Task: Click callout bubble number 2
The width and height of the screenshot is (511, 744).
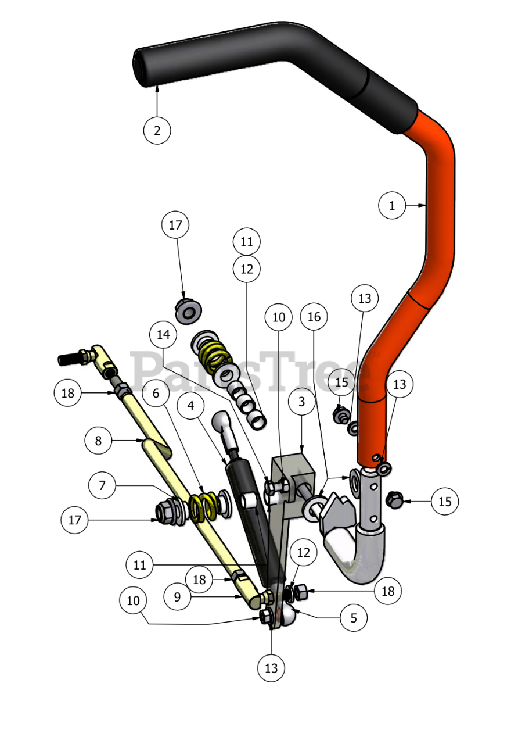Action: pyautogui.click(x=157, y=130)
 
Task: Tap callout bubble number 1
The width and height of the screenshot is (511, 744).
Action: pyautogui.click(x=392, y=205)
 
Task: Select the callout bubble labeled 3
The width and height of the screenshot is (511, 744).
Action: pyautogui.click(x=301, y=402)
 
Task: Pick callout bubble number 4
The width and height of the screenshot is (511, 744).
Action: pyautogui.click(x=191, y=406)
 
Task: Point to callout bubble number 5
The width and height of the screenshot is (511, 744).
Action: pyautogui.click(x=354, y=618)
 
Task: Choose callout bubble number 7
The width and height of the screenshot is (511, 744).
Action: pyautogui.click(x=103, y=485)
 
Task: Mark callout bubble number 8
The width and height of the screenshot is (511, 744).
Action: pyautogui.click(x=98, y=441)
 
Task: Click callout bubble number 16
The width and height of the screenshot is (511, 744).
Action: pyautogui.click(x=314, y=317)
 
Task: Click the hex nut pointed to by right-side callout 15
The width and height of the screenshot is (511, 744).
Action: pyautogui.click(x=395, y=499)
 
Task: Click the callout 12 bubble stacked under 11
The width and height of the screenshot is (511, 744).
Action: pyautogui.click(x=246, y=269)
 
